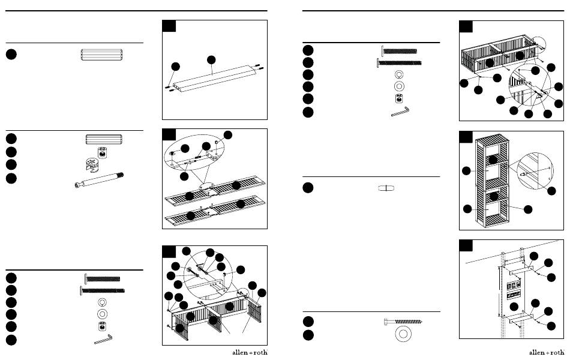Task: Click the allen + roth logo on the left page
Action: [250, 352]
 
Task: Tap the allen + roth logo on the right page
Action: [547, 352]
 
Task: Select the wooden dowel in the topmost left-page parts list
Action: [101, 55]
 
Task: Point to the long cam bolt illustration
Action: [99, 181]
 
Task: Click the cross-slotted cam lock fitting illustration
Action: [92, 164]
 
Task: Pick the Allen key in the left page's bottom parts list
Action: [103, 340]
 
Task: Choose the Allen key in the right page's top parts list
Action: [400, 111]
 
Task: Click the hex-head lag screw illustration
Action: [403, 322]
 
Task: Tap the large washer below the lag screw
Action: [403, 334]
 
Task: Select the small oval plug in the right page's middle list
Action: [386, 188]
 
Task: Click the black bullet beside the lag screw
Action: [308, 322]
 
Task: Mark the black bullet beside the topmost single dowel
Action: [11, 54]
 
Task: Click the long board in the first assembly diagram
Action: [215, 78]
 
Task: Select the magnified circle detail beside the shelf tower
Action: [535, 171]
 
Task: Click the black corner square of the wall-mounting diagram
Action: [466, 245]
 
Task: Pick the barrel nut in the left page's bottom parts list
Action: [103, 326]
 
